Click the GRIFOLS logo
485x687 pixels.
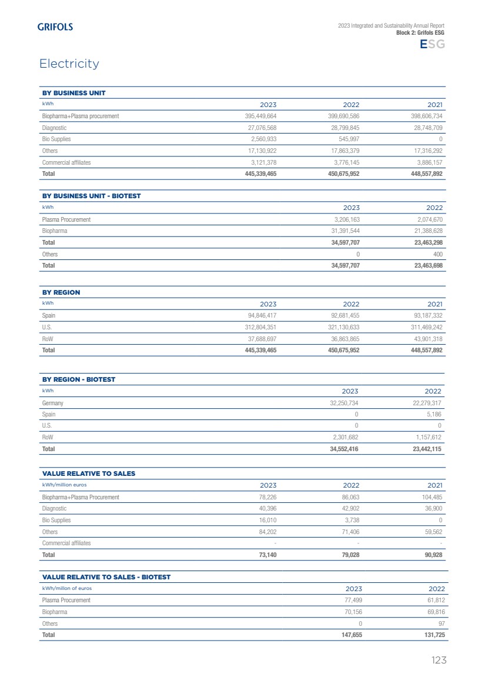(55, 26)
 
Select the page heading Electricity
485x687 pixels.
(69, 64)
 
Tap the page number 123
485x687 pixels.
(439, 660)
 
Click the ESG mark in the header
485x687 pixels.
(432, 45)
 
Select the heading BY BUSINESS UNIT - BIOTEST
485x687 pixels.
(91, 196)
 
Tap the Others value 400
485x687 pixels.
(437, 254)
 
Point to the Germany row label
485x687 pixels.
(52, 403)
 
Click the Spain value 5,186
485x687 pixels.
(434, 414)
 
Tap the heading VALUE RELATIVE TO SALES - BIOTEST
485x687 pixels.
(106, 577)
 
